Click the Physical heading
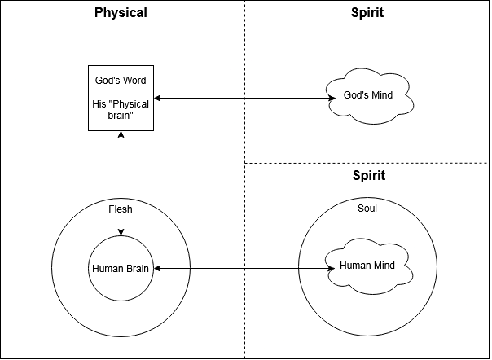[121, 13]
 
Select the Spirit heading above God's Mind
[368, 13]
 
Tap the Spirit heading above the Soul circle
[368, 175]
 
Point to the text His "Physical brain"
[121, 111]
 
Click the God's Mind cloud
[368, 96]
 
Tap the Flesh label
[121, 209]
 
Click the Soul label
[367, 209]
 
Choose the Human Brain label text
[121, 269]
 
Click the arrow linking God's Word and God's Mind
[244, 99]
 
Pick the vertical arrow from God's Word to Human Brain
[121, 183]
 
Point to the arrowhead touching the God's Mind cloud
[333, 99]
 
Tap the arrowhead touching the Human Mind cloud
[332, 268]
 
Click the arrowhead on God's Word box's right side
[158, 99]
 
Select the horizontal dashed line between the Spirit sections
[367, 163]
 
